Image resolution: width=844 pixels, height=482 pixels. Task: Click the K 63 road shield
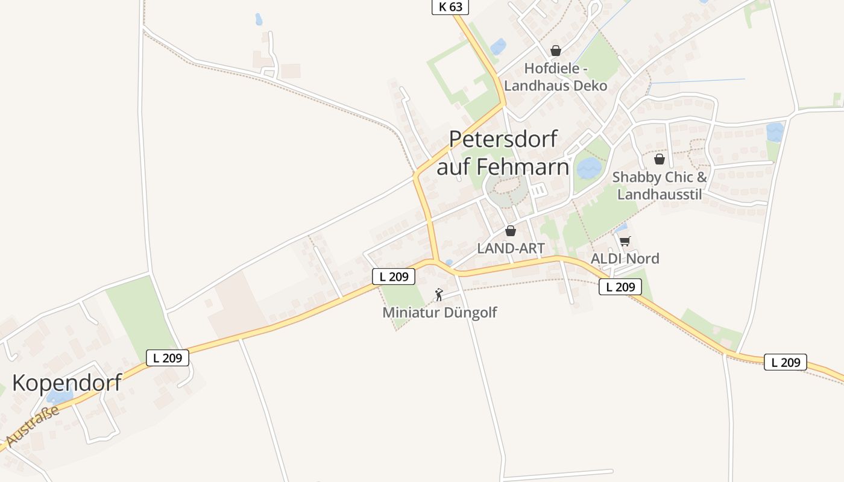point(450,7)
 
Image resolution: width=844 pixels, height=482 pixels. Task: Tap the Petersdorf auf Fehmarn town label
point(503,153)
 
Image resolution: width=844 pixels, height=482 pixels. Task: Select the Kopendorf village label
point(67,383)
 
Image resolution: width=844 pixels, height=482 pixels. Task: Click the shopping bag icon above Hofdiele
point(556,51)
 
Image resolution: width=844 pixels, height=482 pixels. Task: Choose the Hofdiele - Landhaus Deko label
point(556,77)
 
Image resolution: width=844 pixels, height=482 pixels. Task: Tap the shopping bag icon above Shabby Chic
point(660,159)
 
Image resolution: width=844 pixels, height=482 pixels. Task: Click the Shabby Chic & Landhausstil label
point(660,186)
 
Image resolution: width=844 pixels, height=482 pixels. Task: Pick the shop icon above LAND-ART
point(511,231)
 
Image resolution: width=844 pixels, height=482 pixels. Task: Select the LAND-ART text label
point(511,248)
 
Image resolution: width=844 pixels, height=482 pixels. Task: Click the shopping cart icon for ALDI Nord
point(625,242)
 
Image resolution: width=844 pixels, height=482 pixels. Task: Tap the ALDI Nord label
point(625,258)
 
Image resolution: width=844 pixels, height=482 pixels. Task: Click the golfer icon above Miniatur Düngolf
point(439,295)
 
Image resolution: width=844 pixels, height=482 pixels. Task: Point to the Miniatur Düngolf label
point(439,313)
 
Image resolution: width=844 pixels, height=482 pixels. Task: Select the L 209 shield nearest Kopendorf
point(168,358)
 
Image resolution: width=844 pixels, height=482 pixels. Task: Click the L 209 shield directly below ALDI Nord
point(620,287)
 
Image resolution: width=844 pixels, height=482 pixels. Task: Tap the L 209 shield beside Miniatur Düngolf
point(394,277)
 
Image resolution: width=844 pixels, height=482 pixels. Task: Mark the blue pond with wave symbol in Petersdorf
point(589,168)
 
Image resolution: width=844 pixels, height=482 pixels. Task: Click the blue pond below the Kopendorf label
point(60,396)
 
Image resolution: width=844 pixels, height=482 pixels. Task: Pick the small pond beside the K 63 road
point(498,46)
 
